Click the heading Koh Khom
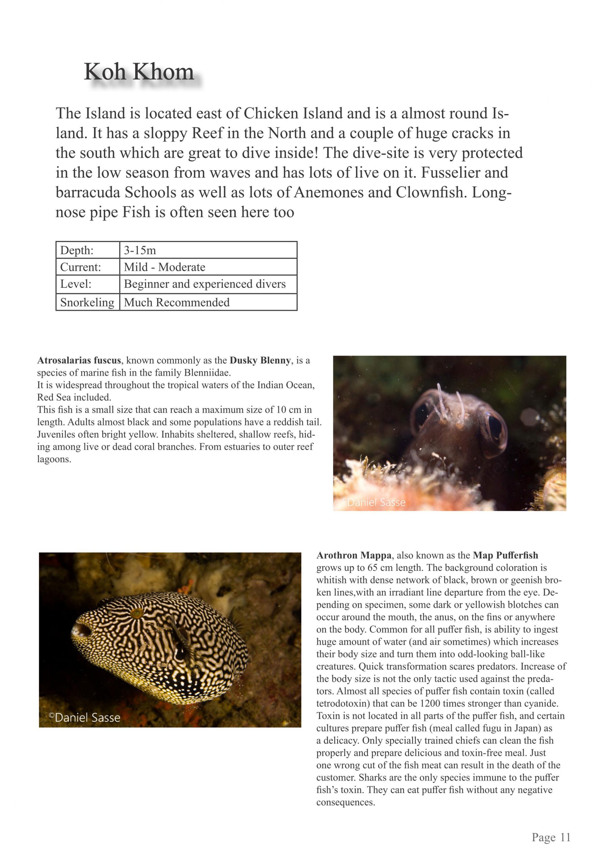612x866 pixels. pyautogui.click(x=138, y=72)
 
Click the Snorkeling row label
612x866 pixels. pyautogui.click(x=87, y=302)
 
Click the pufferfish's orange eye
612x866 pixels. pyautogui.click(x=136, y=613)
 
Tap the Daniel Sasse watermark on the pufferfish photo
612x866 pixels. pyautogui.click(x=85, y=717)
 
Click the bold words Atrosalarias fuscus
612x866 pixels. pyautogui.click(x=79, y=360)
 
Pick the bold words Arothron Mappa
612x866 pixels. pyautogui.click(x=354, y=555)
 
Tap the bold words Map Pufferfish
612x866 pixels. pyautogui.click(x=506, y=555)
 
